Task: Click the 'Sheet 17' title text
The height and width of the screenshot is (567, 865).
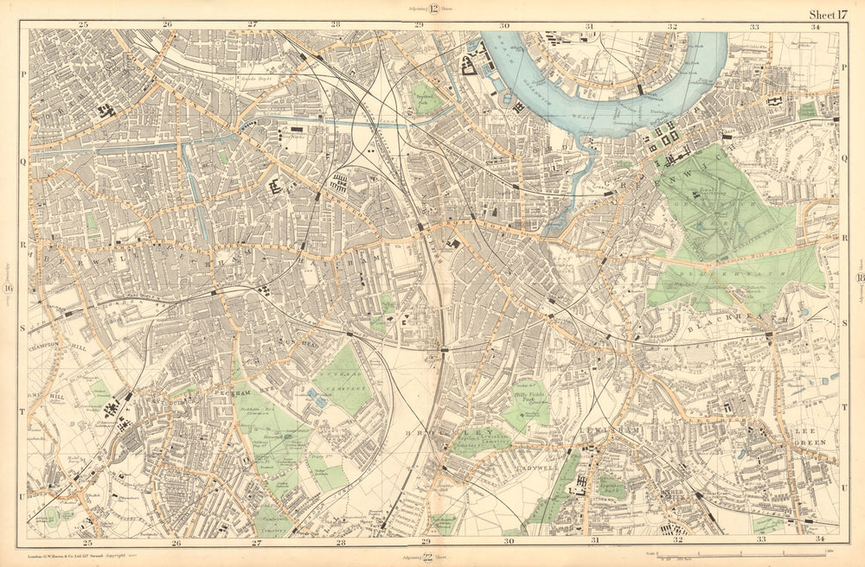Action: [828, 14]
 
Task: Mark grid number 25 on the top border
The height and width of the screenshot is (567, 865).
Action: [84, 25]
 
